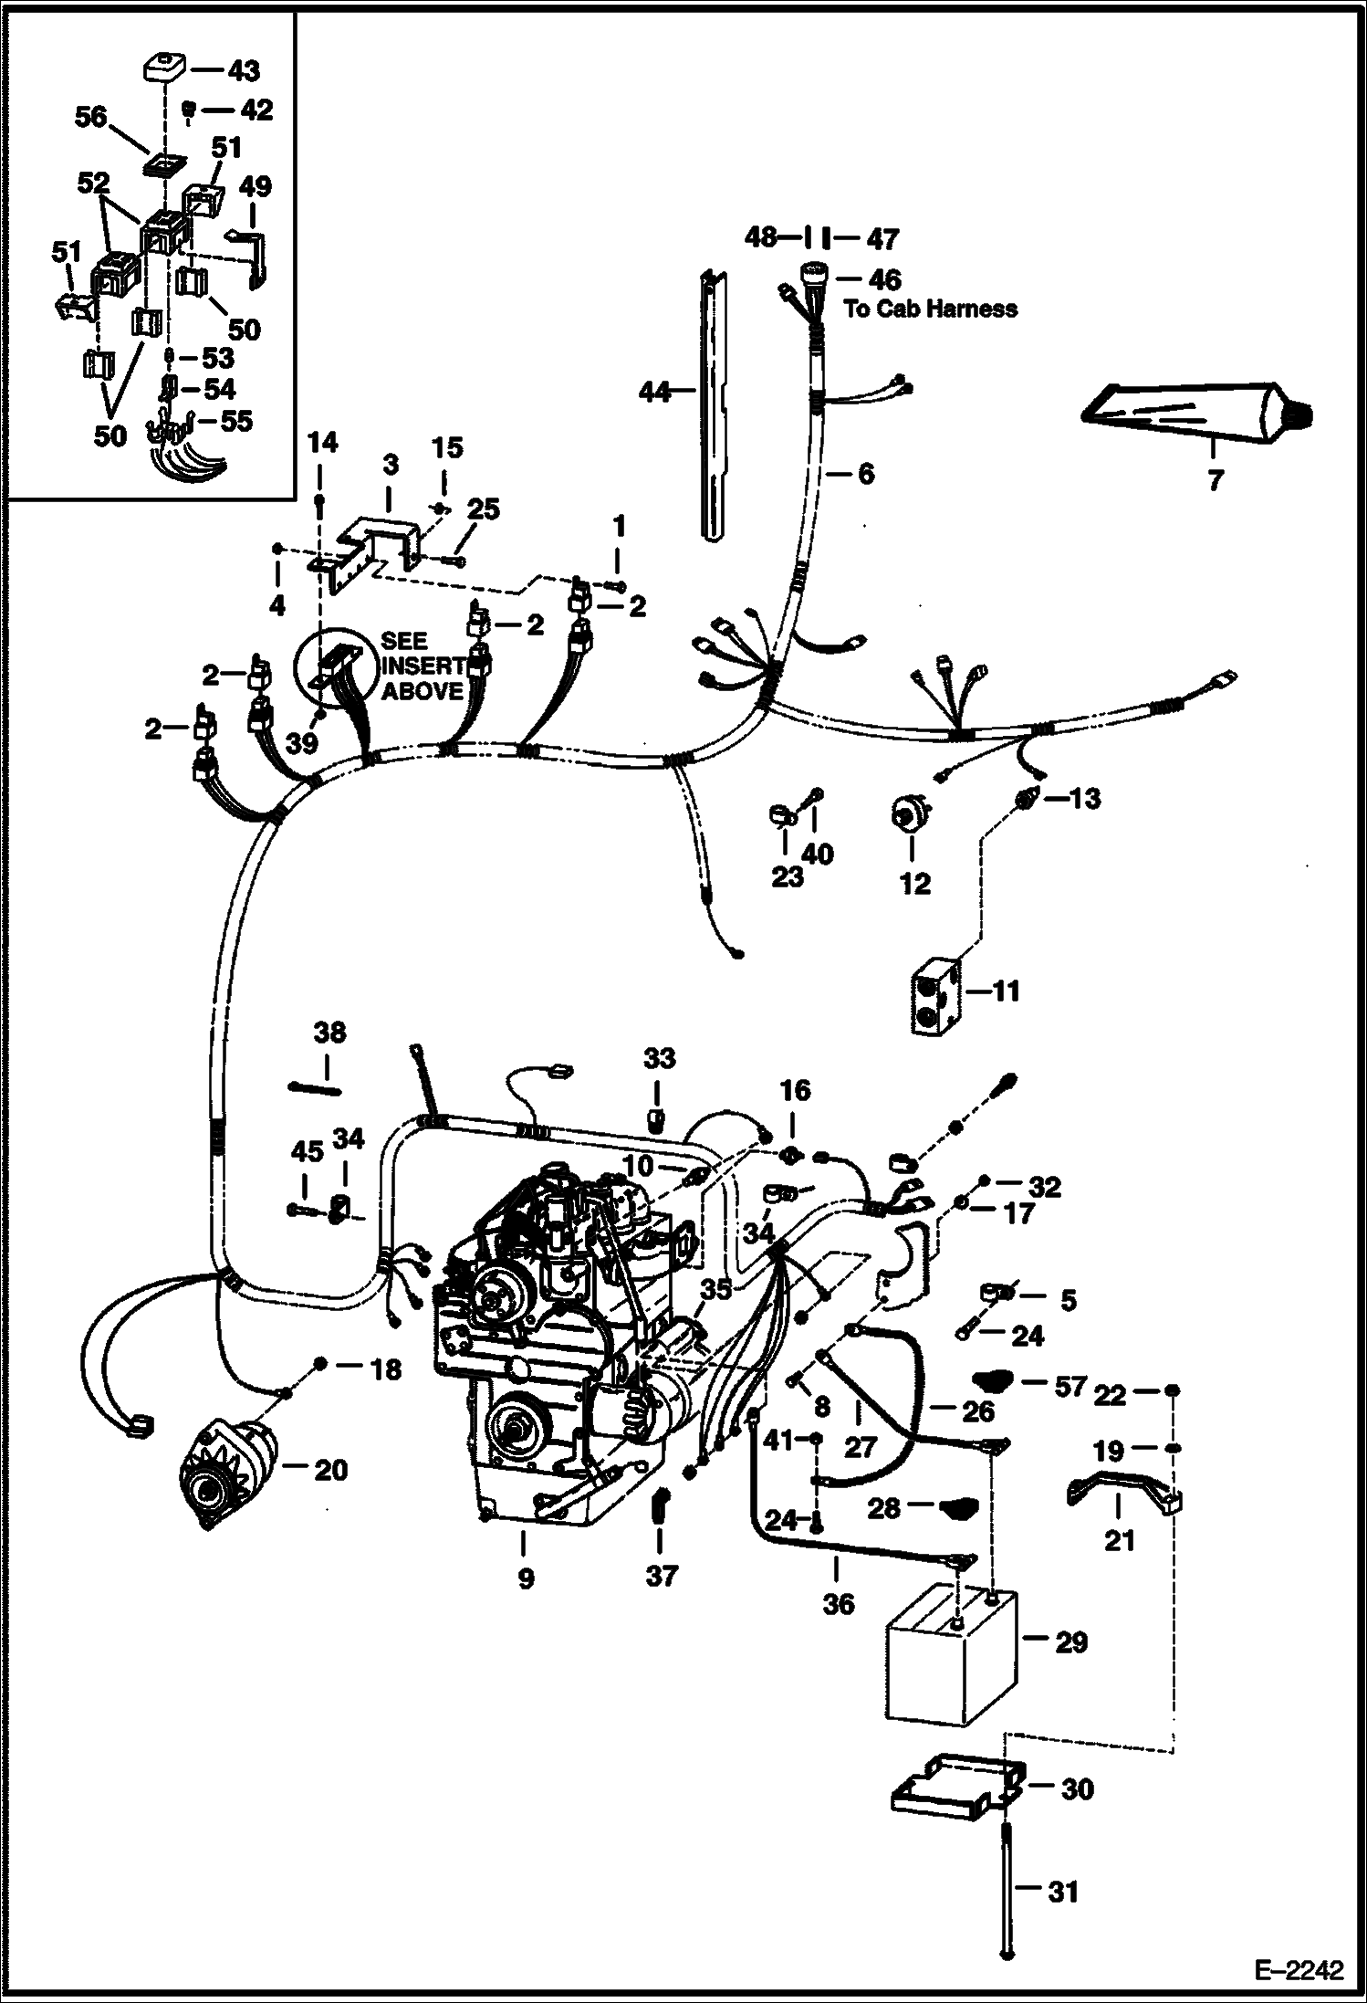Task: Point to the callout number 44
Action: tap(654, 393)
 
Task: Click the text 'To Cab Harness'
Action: tap(930, 309)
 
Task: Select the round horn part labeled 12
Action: tap(907, 813)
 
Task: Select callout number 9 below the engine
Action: tap(526, 1578)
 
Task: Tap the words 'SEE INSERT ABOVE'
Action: tap(422, 665)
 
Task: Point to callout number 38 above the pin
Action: tap(329, 1033)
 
